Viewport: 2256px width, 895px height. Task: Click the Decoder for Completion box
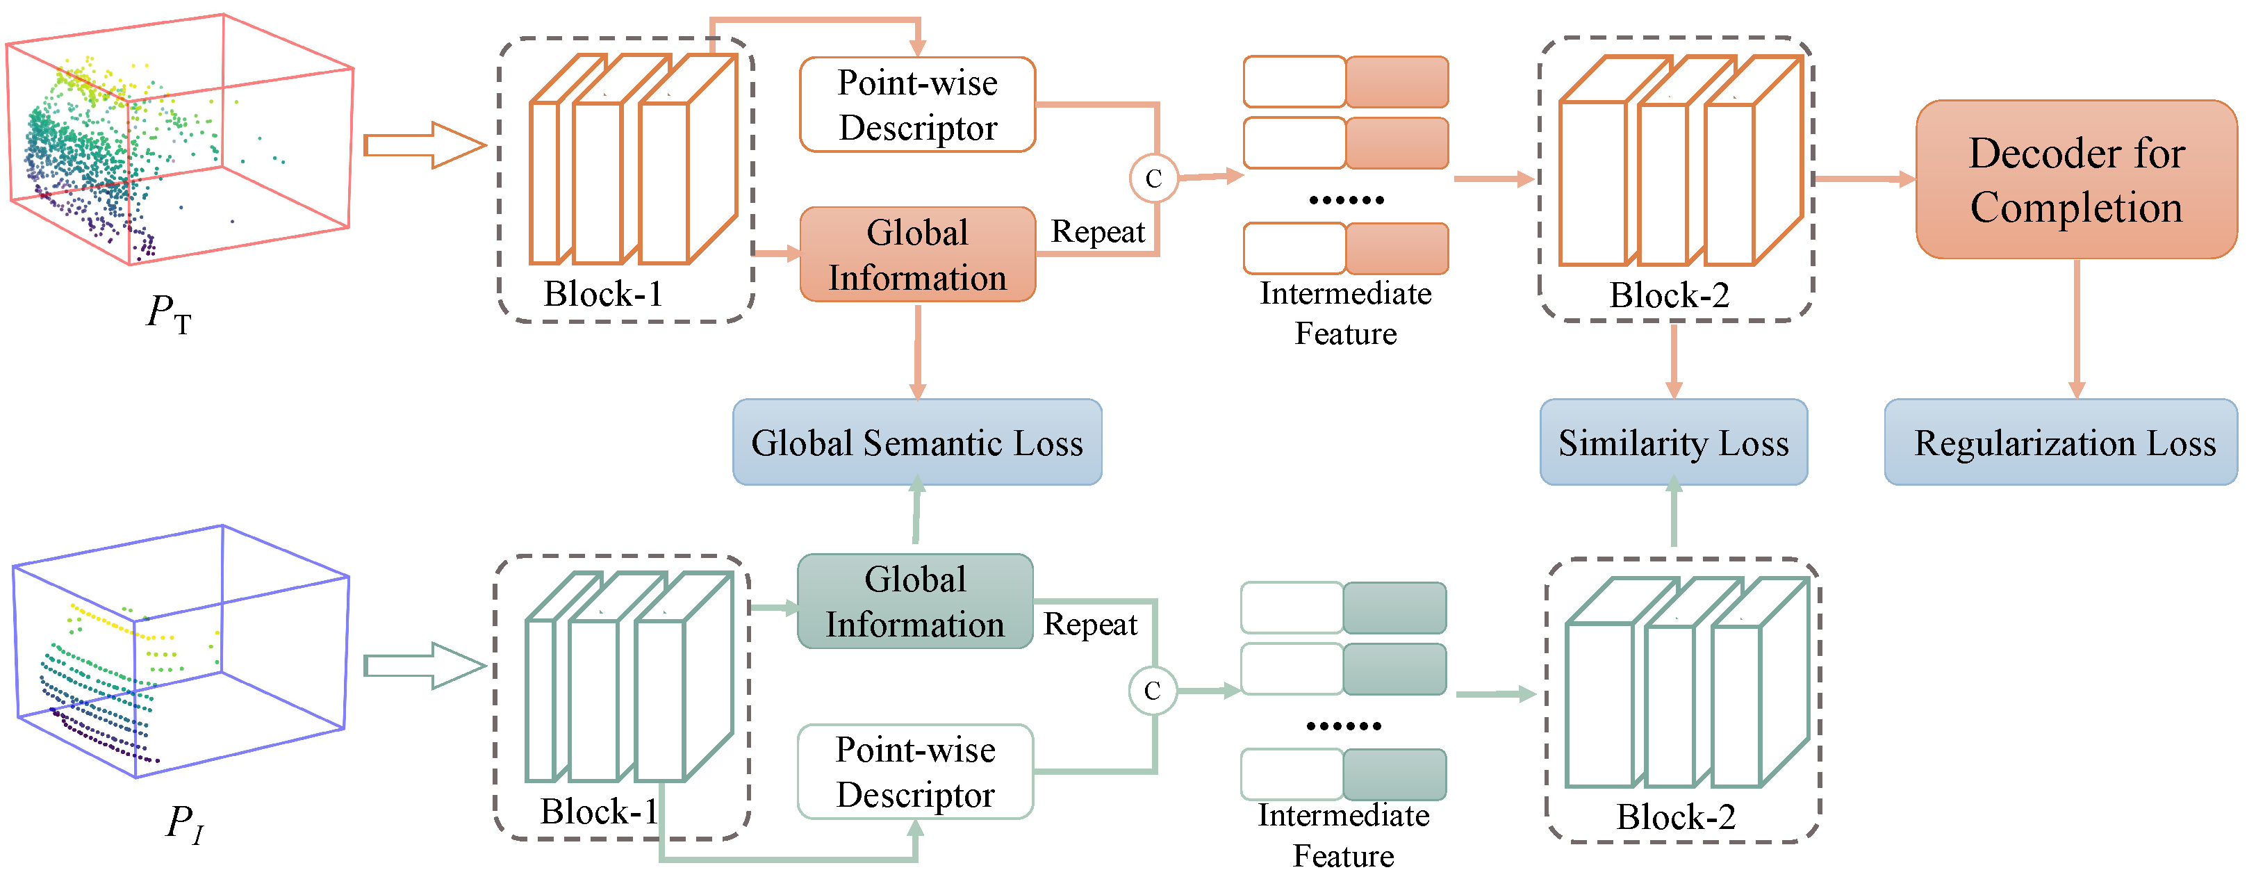point(2075,179)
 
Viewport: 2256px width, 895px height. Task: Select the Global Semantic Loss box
point(917,442)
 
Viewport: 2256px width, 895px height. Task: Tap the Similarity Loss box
point(1673,442)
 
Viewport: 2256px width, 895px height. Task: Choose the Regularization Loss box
point(2060,442)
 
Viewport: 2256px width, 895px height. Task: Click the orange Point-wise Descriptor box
point(917,105)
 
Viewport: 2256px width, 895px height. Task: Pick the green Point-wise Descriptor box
point(915,771)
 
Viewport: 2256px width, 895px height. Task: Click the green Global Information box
point(915,602)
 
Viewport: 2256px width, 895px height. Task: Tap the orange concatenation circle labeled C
point(1153,179)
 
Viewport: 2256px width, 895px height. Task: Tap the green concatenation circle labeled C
point(1152,691)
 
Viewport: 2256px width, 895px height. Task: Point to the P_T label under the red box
point(169,313)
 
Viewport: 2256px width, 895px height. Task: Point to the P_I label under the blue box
point(185,824)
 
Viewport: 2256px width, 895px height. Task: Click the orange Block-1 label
point(602,294)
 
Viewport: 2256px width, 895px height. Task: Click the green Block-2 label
point(1675,817)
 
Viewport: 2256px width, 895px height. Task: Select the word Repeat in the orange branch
point(1097,232)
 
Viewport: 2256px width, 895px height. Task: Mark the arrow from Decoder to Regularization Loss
point(2075,329)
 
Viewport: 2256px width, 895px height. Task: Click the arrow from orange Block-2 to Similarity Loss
point(1673,360)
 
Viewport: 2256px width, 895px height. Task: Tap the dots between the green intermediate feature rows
point(1344,726)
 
